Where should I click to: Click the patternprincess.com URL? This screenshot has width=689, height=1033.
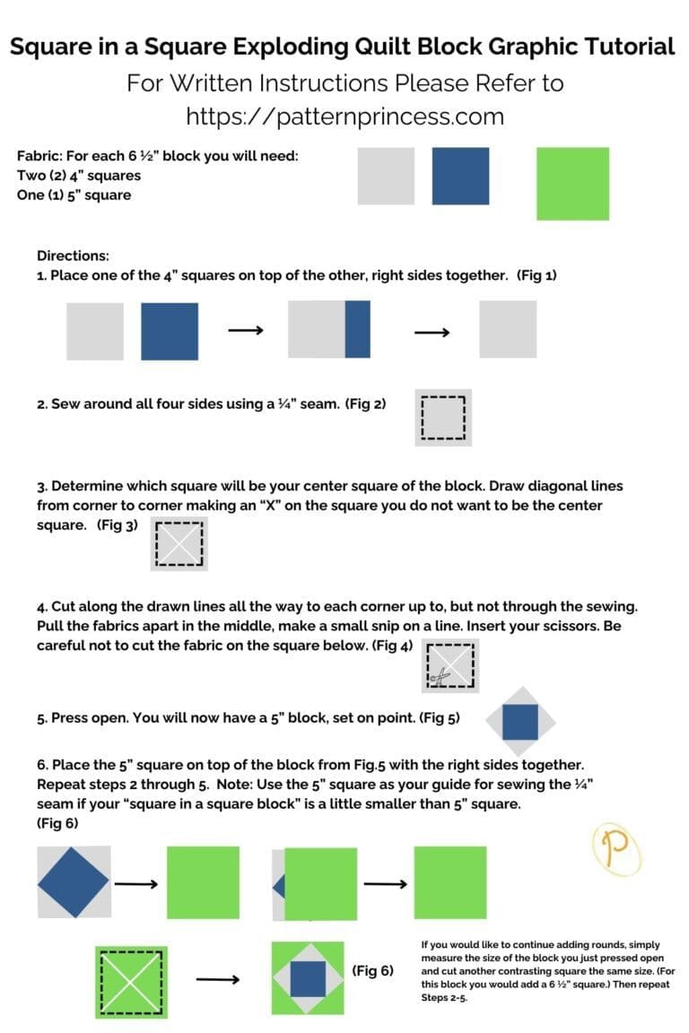(344, 116)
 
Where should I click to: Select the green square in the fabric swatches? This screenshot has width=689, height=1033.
(572, 184)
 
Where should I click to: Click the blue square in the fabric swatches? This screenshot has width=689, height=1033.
(460, 177)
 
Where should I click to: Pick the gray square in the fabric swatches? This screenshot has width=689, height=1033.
(386, 177)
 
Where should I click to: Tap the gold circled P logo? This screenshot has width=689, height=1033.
(617, 850)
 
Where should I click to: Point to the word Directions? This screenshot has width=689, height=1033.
(73, 256)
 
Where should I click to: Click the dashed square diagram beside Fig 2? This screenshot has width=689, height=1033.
(444, 418)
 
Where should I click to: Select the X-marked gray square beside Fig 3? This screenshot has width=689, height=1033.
(179, 543)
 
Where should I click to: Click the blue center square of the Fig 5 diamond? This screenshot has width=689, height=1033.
(520, 722)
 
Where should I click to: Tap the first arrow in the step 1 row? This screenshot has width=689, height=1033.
(244, 331)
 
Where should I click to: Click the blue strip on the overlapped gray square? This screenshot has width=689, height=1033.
(357, 330)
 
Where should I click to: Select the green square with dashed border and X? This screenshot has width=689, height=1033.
(132, 980)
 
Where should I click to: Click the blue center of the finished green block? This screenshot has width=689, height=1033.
(308, 978)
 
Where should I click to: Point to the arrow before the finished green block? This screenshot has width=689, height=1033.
(217, 979)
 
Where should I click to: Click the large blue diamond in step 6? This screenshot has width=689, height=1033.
(73, 881)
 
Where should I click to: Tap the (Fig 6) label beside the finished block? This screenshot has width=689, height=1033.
(372, 970)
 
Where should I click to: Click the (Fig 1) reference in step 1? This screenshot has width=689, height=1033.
(536, 275)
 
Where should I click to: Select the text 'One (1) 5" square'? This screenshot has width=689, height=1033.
(74, 195)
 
